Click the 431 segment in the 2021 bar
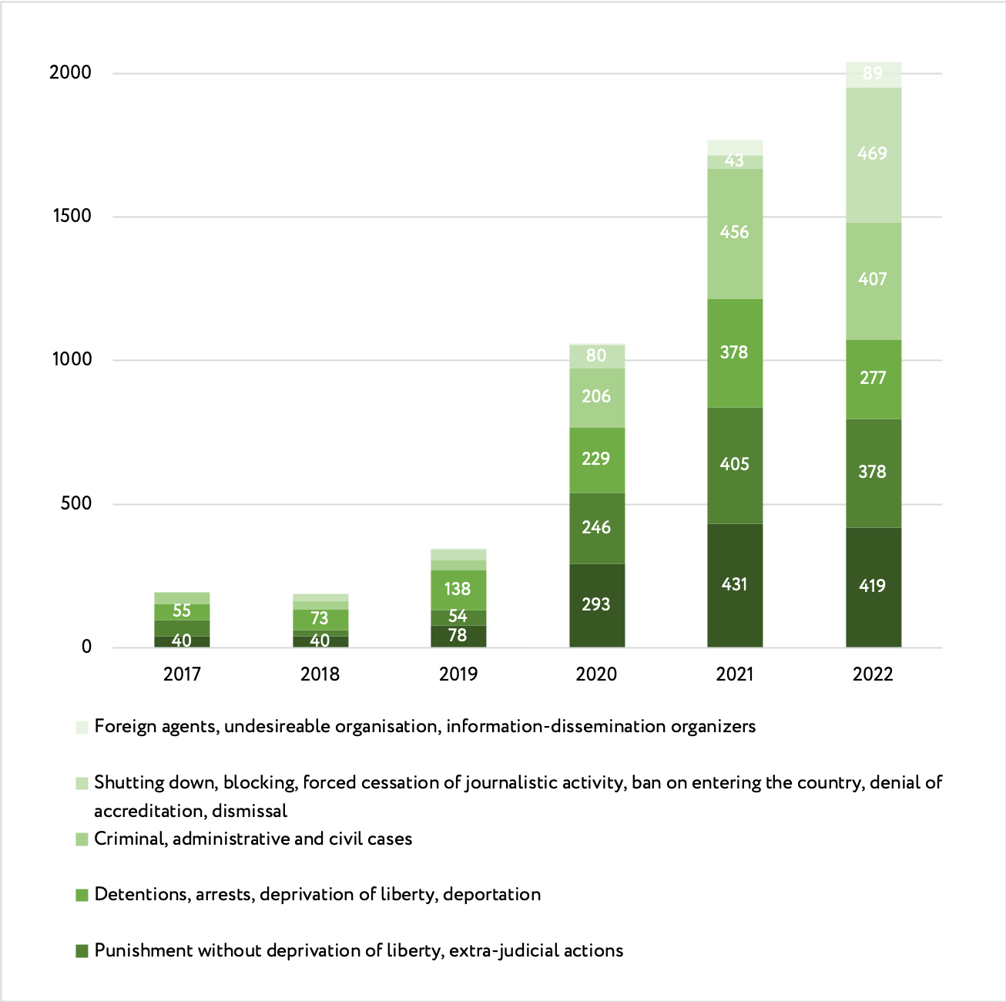click(x=734, y=584)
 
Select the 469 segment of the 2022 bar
click(x=873, y=153)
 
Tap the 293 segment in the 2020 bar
click(x=596, y=604)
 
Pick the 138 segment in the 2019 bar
click(x=458, y=589)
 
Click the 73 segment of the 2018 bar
click(x=320, y=618)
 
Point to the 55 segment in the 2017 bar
click(x=182, y=610)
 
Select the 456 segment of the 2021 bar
click(x=734, y=232)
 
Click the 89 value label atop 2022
click(x=873, y=74)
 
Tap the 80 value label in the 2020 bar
click(x=596, y=355)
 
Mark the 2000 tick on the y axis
click(x=70, y=72)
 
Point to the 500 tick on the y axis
click(x=75, y=503)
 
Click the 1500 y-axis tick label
click(x=72, y=216)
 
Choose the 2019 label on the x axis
click(x=458, y=674)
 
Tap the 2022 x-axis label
click(x=873, y=674)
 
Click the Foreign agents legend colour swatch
click(x=82, y=728)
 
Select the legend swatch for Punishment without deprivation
click(x=82, y=951)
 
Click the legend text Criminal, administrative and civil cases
click(x=253, y=839)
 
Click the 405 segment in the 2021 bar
click(x=734, y=464)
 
